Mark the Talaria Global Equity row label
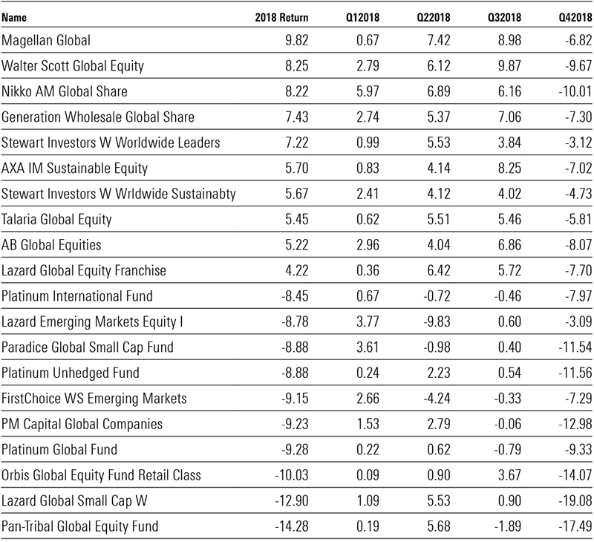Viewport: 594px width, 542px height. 56,219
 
